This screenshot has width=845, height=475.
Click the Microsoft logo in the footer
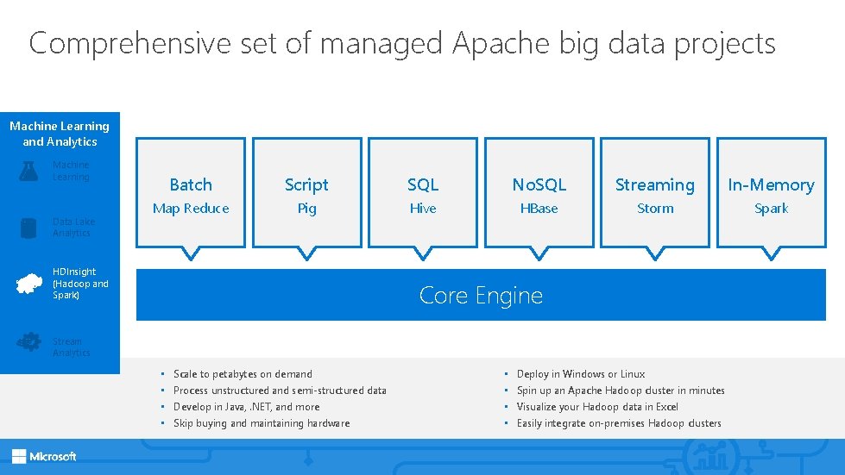point(44,456)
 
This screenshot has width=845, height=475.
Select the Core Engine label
point(481,296)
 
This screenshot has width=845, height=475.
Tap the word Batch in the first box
point(191,184)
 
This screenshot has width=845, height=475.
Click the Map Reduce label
point(191,209)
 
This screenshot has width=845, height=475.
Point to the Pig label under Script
point(306,209)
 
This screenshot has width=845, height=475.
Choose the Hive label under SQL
point(423,209)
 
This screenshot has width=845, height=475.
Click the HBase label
point(539,209)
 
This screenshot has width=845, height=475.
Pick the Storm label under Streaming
point(655,209)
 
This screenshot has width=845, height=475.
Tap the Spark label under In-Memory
point(771,209)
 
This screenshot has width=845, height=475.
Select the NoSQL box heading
point(539,184)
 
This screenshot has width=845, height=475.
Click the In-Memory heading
point(771,184)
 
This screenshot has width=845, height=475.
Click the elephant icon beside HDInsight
point(29,284)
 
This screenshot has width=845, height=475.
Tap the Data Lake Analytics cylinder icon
point(28,228)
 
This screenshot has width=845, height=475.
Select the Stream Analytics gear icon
point(28,342)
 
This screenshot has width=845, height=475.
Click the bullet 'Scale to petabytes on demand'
point(243,374)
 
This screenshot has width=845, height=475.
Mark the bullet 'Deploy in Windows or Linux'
point(580,374)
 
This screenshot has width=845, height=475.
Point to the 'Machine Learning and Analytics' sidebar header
point(60,134)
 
